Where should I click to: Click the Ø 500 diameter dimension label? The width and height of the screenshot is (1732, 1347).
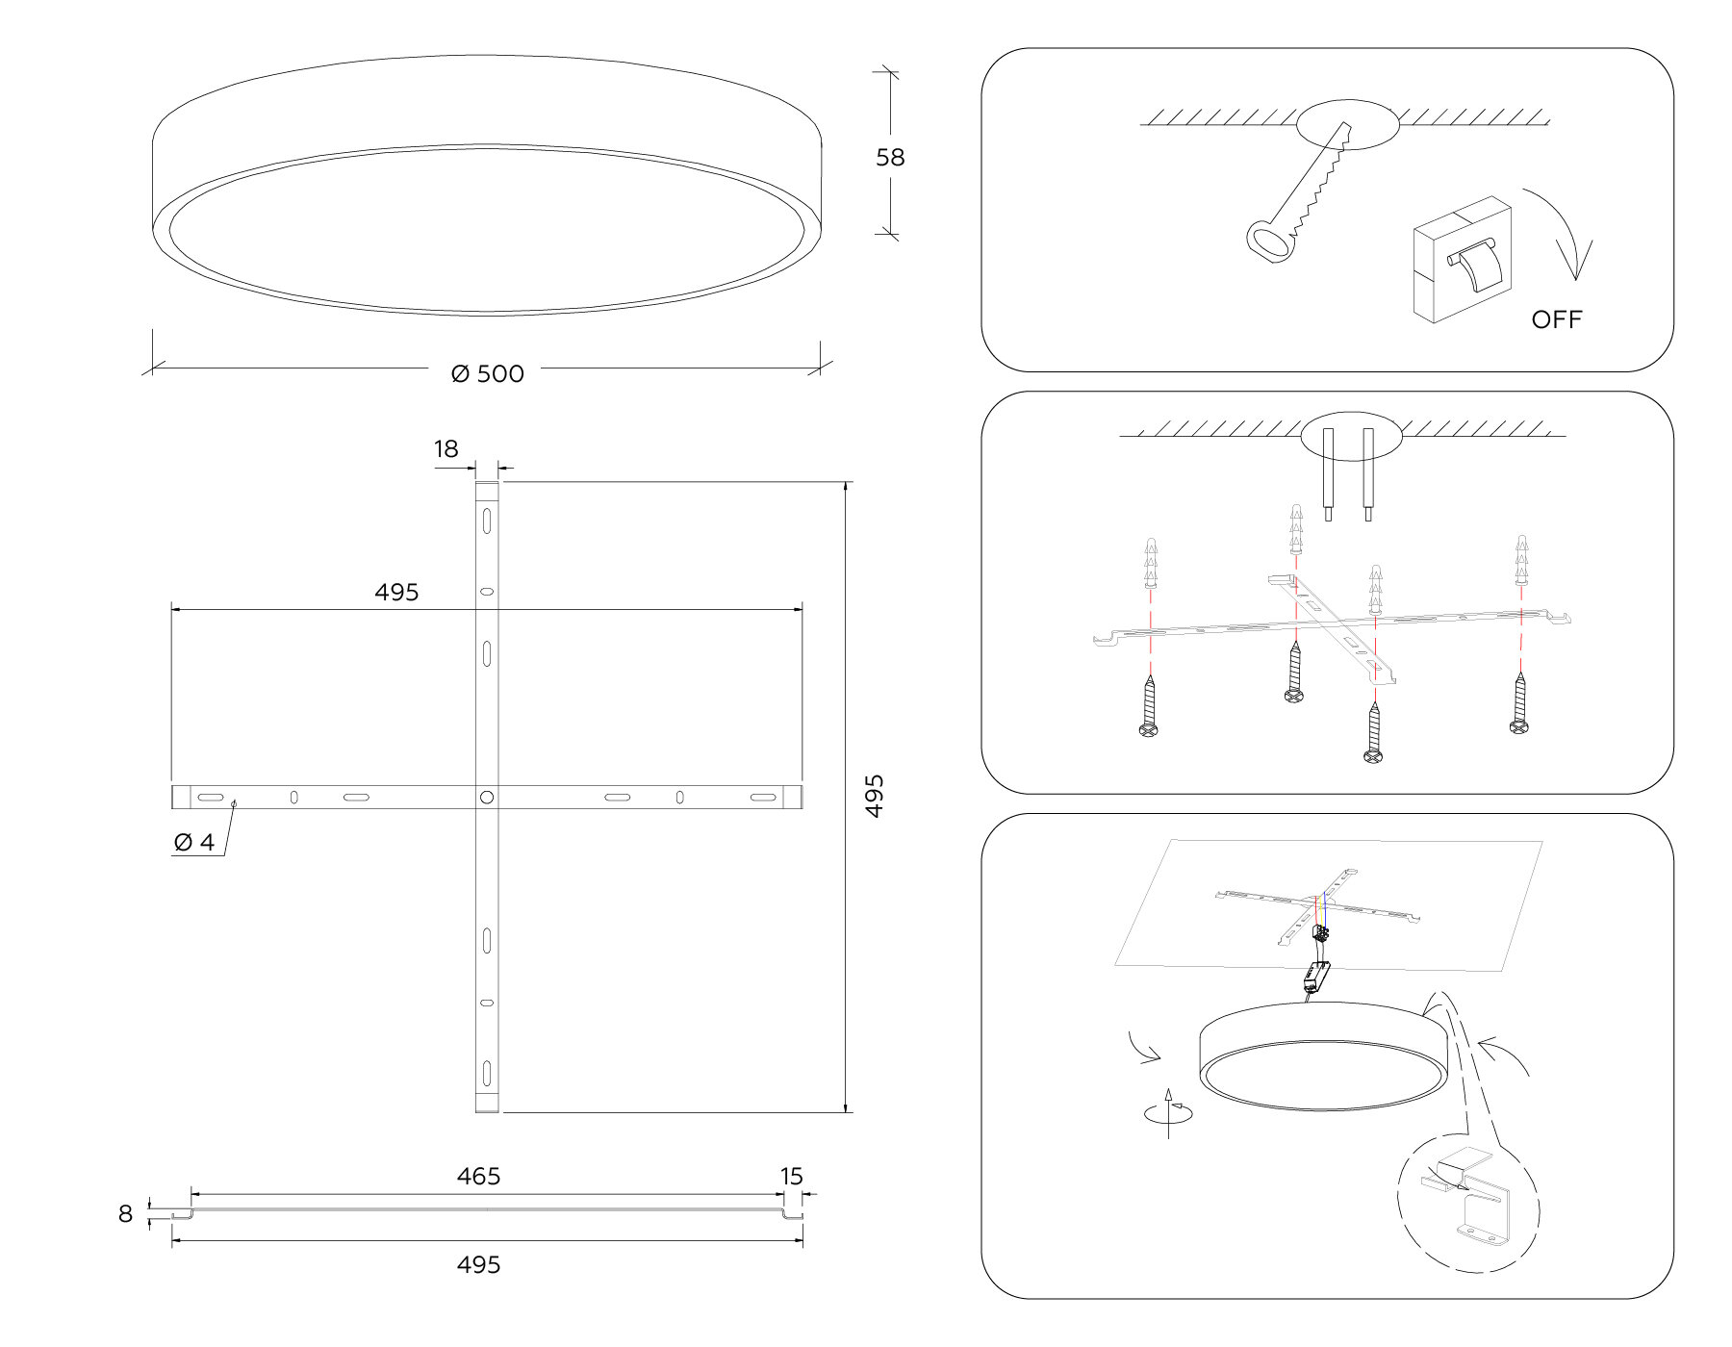pos(488,373)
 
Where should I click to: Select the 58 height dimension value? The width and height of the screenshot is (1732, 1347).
pos(890,157)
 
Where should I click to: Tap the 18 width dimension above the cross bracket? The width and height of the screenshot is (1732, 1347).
pos(446,448)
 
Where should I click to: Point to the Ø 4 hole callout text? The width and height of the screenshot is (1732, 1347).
pos(194,842)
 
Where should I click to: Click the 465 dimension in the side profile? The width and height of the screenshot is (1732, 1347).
pos(478,1176)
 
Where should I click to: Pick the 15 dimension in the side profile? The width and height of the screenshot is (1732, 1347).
pos(791,1176)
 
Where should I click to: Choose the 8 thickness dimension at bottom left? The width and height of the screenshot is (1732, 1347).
pos(125,1214)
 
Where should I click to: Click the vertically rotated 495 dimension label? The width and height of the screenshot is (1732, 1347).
pos(874,796)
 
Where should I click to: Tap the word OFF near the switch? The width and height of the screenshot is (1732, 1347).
pos(1556,319)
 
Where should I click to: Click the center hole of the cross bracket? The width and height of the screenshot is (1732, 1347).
pos(487,797)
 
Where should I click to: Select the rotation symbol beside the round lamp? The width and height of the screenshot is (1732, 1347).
pos(1168,1113)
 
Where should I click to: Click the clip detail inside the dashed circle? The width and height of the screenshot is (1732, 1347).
pos(1469,1203)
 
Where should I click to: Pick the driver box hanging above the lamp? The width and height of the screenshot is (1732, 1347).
pos(1312,979)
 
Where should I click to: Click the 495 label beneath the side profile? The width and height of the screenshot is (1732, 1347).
pos(478,1264)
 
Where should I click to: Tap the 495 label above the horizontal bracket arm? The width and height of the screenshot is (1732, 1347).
pos(396,592)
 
